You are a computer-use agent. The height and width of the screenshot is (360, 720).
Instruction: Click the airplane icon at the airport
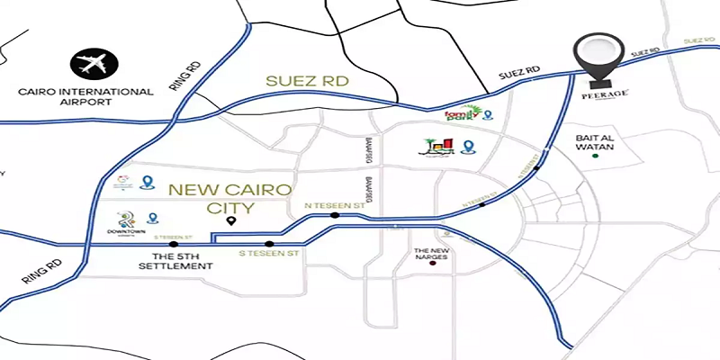pyautogui.click(x=92, y=64)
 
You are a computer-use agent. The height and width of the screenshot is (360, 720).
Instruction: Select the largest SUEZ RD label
pyautogui.click(x=305, y=81)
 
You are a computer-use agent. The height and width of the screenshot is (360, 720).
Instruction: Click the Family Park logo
pyautogui.click(x=462, y=114)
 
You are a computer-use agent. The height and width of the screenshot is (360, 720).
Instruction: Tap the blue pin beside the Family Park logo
pyautogui.click(x=488, y=114)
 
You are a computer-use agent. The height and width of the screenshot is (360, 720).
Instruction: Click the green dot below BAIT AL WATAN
pyautogui.click(x=594, y=157)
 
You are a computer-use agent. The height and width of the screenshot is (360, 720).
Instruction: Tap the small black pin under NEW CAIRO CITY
pyautogui.click(x=231, y=220)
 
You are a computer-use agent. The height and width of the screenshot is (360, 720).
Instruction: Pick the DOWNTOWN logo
pyautogui.click(x=126, y=220)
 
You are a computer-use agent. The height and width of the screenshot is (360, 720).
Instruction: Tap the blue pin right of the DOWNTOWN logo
pyautogui.click(x=153, y=218)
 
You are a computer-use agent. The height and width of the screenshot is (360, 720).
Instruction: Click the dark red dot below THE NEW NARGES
pyautogui.click(x=432, y=269)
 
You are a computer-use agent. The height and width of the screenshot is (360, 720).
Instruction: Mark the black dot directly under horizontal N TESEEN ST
pyautogui.click(x=335, y=216)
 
